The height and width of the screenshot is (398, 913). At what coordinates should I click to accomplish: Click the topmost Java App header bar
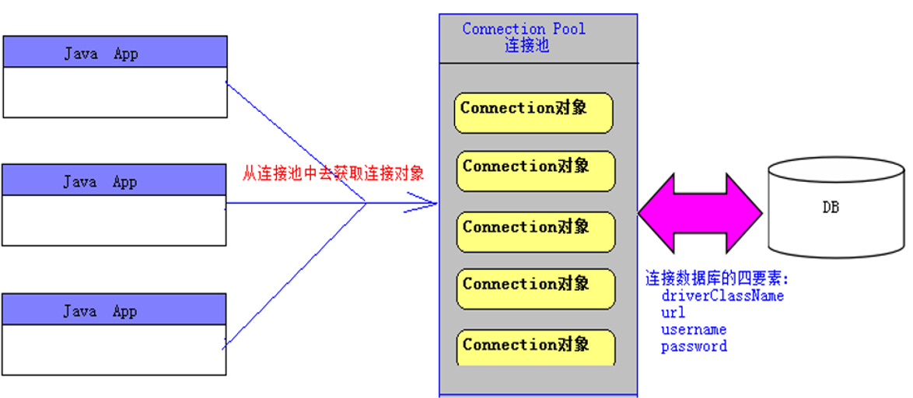tap(114, 51)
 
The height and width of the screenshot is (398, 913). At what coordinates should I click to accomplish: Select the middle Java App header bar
tap(114, 180)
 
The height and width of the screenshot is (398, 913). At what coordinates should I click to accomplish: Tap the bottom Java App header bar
tap(114, 309)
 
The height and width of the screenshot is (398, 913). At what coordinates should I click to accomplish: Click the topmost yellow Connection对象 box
tap(533, 113)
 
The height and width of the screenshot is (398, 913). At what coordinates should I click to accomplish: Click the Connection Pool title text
tap(524, 29)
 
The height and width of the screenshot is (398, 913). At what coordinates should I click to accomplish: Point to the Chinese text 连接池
tap(527, 46)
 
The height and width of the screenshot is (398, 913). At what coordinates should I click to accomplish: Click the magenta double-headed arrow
tap(700, 213)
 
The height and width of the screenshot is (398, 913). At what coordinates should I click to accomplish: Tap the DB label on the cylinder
tap(831, 207)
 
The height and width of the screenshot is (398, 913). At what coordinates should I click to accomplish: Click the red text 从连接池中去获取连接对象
tap(333, 173)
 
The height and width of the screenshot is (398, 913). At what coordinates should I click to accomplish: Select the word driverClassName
tap(722, 295)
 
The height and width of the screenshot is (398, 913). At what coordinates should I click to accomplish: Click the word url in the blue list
tap(673, 312)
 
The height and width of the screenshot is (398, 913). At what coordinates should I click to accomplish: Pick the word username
tap(694, 330)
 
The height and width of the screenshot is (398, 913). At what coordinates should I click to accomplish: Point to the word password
tap(694, 347)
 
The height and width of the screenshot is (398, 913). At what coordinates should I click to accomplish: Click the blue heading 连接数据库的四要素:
tap(717, 279)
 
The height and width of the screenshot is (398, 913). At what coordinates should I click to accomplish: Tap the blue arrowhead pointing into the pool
tap(422, 203)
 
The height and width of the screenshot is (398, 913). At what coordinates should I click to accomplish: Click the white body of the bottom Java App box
tap(114, 350)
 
